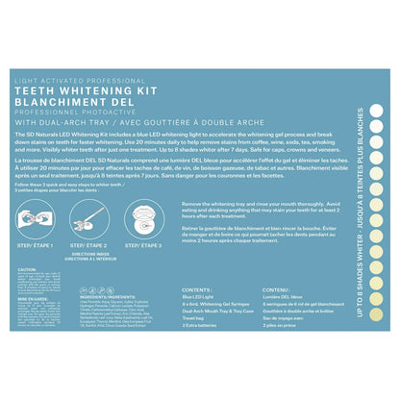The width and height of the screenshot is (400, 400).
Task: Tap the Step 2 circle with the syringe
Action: point(95,217)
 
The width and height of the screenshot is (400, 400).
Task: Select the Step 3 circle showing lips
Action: point(145,217)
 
